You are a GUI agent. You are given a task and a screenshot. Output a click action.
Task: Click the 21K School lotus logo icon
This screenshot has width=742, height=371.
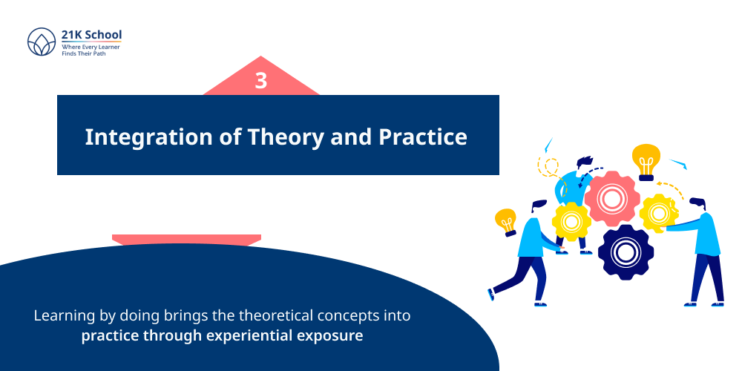point(42,42)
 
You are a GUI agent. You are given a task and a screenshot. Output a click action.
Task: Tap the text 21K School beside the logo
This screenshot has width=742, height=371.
point(91,34)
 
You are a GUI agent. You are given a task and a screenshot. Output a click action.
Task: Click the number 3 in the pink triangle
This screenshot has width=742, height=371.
point(260,81)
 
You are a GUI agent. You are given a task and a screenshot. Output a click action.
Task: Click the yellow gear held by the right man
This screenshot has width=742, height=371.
point(658,214)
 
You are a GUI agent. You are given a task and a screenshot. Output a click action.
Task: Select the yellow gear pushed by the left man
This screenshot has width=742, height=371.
point(571,221)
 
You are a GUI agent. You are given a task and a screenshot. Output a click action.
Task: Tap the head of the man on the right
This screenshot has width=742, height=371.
point(697,204)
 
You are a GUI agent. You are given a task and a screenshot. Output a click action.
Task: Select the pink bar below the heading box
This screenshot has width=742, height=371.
point(186,239)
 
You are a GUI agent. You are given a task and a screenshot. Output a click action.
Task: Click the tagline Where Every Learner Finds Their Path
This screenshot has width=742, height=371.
point(91,50)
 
